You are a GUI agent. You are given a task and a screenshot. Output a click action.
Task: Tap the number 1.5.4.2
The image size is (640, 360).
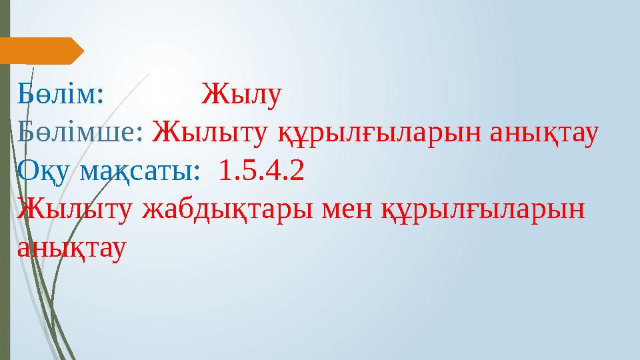pyautogui.click(x=261, y=171)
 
